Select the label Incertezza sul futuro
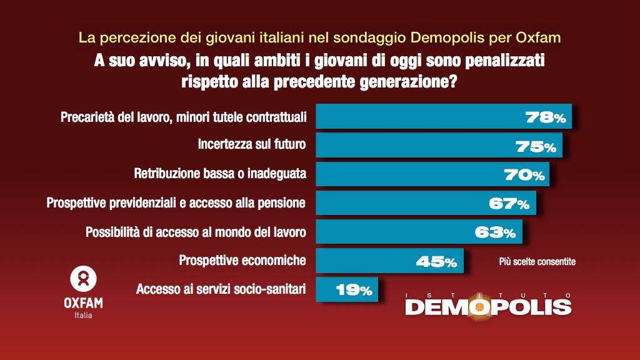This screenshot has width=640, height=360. coord(251,145)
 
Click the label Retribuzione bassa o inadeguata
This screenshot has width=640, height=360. coord(220,174)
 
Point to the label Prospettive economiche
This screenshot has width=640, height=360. coord(242,260)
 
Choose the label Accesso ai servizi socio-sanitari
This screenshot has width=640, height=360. coord(221,289)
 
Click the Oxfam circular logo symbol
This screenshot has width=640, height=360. coord(83,279)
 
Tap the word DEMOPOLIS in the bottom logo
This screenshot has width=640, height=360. coord(488,307)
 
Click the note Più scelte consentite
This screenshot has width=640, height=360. coord(537,262)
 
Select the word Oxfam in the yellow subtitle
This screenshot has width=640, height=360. coord(539,37)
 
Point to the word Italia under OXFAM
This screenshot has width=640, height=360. coord(83,315)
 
